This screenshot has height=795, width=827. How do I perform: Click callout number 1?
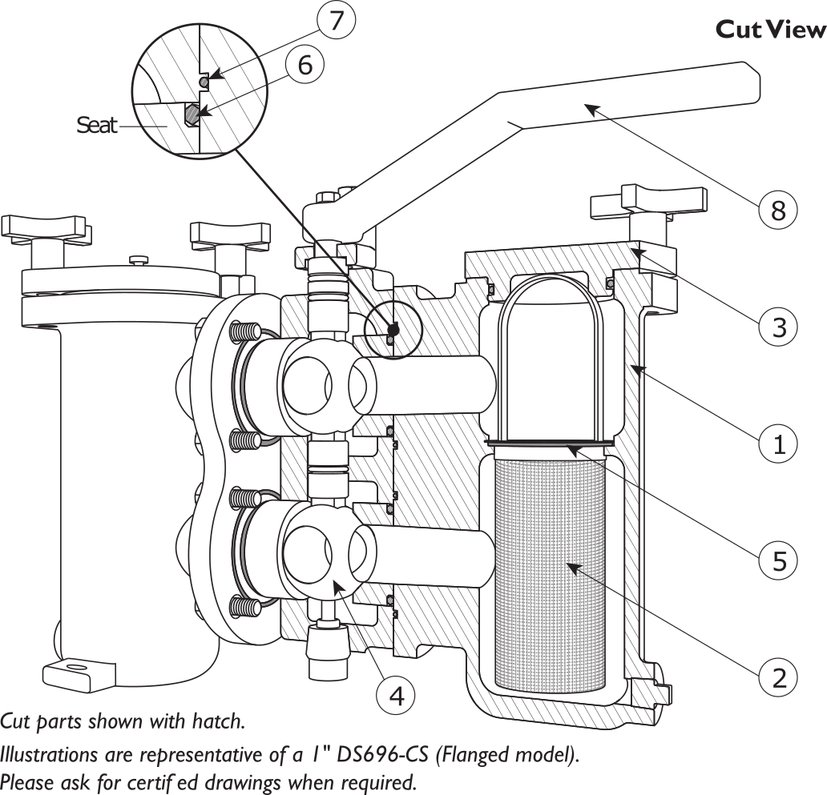778,443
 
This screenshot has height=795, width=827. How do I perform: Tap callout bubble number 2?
778,677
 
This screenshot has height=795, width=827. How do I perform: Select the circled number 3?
778,327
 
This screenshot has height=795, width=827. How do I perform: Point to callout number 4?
396,695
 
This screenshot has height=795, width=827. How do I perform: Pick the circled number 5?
778,560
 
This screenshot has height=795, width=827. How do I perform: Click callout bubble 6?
305,65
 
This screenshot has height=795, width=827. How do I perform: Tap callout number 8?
778,210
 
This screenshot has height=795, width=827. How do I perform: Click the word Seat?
97,125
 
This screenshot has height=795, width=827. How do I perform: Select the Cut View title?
769,30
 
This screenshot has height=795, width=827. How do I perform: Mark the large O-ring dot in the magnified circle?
192,114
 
